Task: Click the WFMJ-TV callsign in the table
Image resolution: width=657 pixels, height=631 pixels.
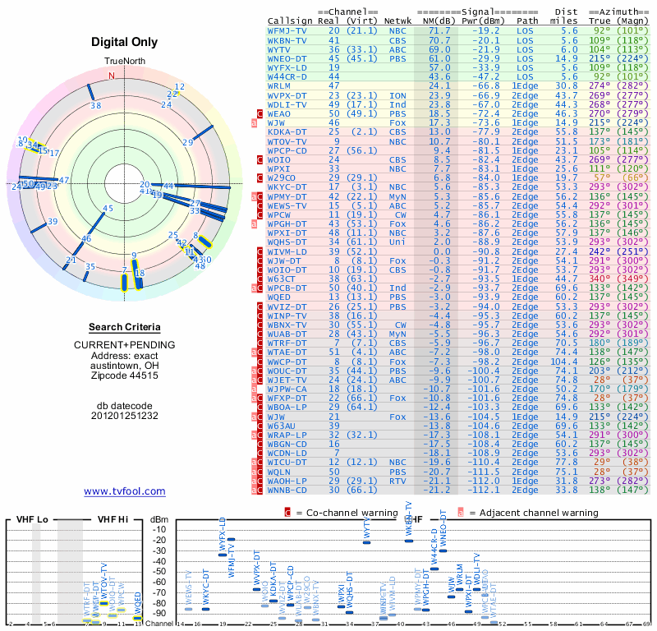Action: tap(287, 30)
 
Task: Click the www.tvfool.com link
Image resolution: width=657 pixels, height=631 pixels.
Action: tap(125, 491)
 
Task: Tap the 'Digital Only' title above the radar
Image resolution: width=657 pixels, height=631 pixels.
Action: tap(125, 42)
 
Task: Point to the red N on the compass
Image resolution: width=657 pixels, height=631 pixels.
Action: tap(112, 76)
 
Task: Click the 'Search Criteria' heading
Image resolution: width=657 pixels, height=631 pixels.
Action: tap(125, 327)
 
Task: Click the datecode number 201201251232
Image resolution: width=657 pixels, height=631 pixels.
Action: tap(125, 416)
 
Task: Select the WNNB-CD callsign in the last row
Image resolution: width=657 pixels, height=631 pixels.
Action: tap(287, 490)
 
